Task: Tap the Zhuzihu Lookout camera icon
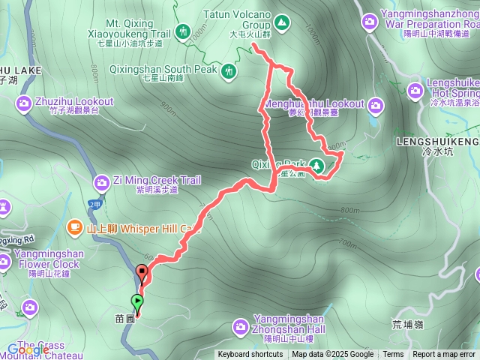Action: pyautogui.click(x=23, y=102)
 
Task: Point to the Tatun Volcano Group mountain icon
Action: pyautogui.click(x=281, y=23)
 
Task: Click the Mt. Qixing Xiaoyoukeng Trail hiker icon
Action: pyautogui.click(x=183, y=31)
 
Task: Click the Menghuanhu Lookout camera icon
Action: pyautogui.click(x=376, y=103)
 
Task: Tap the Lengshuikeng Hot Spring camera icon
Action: pyautogui.click(x=416, y=91)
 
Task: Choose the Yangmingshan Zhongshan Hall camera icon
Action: pyautogui.click(x=240, y=325)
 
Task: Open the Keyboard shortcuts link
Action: pyautogui.click(x=250, y=355)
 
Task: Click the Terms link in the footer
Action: pyautogui.click(x=393, y=355)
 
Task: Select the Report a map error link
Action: pyautogui.click(x=443, y=355)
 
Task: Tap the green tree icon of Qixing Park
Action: pyautogui.click(x=317, y=166)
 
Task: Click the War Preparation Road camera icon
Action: pyautogui.click(x=369, y=22)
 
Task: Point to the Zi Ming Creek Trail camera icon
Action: pyautogui.click(x=102, y=181)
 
